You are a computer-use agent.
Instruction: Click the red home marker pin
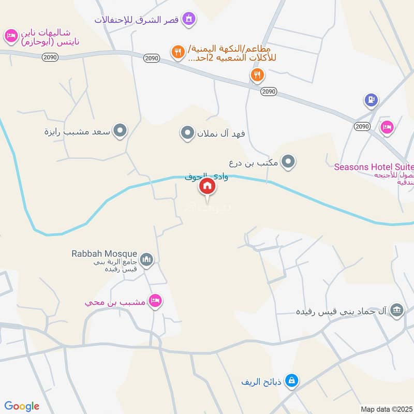208,186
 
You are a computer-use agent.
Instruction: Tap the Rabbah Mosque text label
105,254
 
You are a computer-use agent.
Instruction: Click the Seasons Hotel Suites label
374,167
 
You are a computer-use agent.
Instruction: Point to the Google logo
22,406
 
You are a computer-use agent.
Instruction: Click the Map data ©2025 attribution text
386,409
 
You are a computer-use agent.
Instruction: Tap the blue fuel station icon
371,100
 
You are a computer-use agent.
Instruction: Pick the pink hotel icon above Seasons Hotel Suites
387,127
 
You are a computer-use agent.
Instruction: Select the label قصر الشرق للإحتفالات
136,20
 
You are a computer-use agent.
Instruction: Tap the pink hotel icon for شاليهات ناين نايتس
10,36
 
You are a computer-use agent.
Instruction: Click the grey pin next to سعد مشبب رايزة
120,131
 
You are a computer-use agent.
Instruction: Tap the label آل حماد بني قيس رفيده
342,312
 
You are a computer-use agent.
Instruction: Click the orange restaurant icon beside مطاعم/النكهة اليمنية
179,51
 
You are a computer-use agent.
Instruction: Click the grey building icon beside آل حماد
397,310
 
